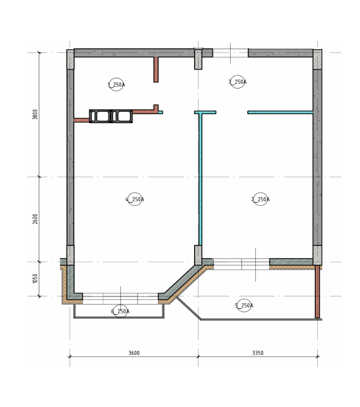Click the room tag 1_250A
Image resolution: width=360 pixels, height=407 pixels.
[116, 84]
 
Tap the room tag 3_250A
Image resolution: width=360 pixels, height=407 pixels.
[237, 82]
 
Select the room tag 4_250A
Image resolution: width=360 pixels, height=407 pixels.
[135, 199]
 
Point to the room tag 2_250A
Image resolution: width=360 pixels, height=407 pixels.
[260, 199]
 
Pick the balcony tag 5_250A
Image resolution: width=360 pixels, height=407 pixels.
[244, 305]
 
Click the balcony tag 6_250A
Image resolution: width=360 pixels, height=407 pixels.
[120, 311]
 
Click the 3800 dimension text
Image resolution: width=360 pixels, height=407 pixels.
[35, 114]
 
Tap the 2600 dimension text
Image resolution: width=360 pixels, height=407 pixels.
[35, 219]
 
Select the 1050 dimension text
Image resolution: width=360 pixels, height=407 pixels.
[35, 278]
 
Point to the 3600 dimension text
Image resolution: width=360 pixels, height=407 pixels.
[134, 353]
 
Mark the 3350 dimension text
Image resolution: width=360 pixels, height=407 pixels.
[258, 353]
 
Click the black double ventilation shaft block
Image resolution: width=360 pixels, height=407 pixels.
[111, 116]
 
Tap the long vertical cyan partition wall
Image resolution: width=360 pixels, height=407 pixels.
[200, 179]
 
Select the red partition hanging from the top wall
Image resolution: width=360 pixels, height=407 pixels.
[156, 70]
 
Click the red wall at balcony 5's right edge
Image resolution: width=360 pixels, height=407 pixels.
[317, 292]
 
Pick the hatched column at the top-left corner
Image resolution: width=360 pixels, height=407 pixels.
[70, 59]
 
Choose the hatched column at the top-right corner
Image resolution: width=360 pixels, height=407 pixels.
[317, 59]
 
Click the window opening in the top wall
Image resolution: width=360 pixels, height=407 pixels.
[230, 53]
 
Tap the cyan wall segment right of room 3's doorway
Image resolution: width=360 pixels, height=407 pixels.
[280, 112]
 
